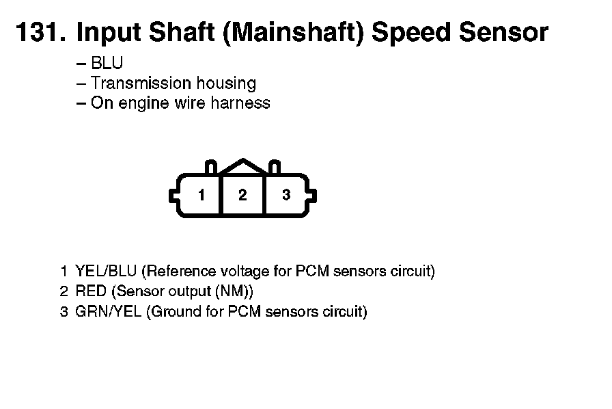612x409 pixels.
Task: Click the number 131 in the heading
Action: [x=41, y=31]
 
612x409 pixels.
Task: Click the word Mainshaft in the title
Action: [x=293, y=31]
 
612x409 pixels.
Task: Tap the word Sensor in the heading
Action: [x=503, y=31]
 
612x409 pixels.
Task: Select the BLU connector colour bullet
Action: [x=107, y=63]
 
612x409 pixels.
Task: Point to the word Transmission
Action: [x=141, y=83]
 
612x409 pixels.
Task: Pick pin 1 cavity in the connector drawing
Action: [x=201, y=195]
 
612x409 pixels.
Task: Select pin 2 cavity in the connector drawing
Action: [x=242, y=195]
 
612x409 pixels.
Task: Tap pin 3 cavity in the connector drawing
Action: [x=286, y=195]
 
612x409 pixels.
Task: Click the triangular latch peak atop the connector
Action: [x=243, y=160]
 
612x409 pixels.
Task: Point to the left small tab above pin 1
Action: [x=211, y=167]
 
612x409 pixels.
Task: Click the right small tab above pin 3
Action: [x=275, y=167]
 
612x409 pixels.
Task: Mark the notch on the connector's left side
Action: [x=173, y=196]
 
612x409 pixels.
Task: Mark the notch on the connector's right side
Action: [x=312, y=196]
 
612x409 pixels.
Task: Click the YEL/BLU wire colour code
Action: [x=106, y=271]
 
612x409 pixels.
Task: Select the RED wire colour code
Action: [x=91, y=291]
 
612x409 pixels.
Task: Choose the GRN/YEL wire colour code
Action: [x=108, y=312]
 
